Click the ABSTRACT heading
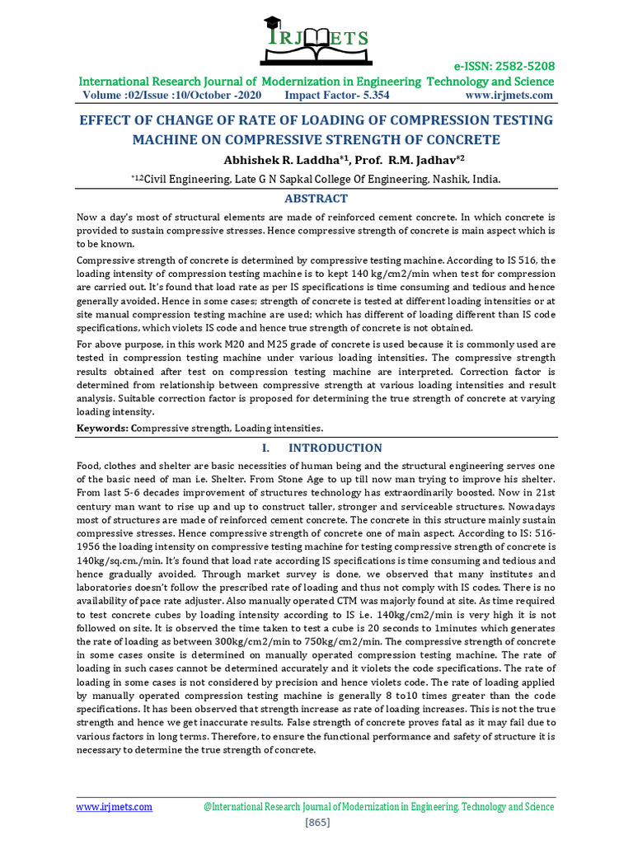[316, 199]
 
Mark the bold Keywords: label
[102, 429]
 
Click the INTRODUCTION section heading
[334, 448]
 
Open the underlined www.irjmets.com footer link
[115, 807]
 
